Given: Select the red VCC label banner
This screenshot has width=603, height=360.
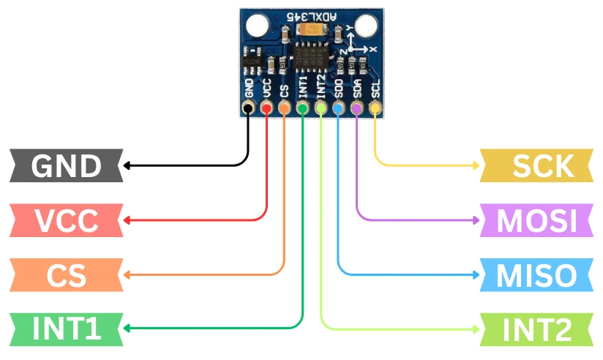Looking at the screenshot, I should (66, 220).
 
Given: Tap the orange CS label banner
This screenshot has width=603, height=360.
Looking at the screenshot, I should (66, 275).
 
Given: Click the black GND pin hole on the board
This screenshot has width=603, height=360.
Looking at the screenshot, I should (248, 109).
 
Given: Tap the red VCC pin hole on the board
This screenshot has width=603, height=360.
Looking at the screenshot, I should (266, 109).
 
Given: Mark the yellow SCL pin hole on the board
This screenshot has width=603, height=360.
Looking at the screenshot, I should (375, 109).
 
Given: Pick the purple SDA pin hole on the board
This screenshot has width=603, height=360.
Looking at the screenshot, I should (356, 109).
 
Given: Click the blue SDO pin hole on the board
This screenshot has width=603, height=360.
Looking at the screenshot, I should (338, 109).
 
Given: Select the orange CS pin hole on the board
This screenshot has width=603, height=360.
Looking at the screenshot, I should (284, 109).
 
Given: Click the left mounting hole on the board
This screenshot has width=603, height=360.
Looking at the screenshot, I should (256, 26).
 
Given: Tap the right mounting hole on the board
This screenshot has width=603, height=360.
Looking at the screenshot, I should (365, 26).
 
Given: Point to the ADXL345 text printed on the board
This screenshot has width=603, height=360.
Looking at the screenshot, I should (310, 13).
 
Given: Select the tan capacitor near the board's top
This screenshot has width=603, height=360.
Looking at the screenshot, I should (310, 30).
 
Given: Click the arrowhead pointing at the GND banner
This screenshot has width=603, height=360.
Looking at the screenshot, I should (127, 166).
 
